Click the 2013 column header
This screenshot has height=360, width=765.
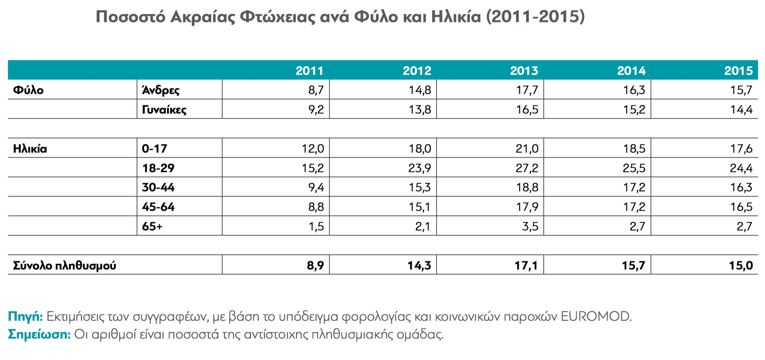click(524, 71)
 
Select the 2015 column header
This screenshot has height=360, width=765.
click(739, 71)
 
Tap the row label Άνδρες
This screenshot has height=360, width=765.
click(160, 90)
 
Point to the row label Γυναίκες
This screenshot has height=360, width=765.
click(164, 110)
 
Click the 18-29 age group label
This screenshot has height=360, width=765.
click(158, 168)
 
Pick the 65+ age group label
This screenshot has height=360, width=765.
click(152, 226)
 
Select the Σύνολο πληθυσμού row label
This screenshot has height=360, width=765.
click(65, 265)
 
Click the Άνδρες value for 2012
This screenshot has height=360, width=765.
click(420, 90)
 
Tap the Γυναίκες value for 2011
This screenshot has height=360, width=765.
click(316, 110)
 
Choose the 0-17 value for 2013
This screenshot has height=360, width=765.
click(527, 149)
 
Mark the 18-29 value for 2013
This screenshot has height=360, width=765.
click(527, 168)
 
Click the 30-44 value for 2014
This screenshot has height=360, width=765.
click(634, 188)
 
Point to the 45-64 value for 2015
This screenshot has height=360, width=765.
click(741, 207)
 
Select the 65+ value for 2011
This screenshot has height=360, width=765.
click(316, 227)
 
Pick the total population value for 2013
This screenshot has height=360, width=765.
click(526, 266)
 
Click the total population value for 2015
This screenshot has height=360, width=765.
click(741, 266)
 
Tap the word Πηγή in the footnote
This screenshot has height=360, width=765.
click(25, 317)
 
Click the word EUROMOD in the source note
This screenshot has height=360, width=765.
click(596, 316)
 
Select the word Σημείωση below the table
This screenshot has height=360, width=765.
click(39, 335)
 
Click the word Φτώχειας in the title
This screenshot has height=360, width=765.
click(278, 17)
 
